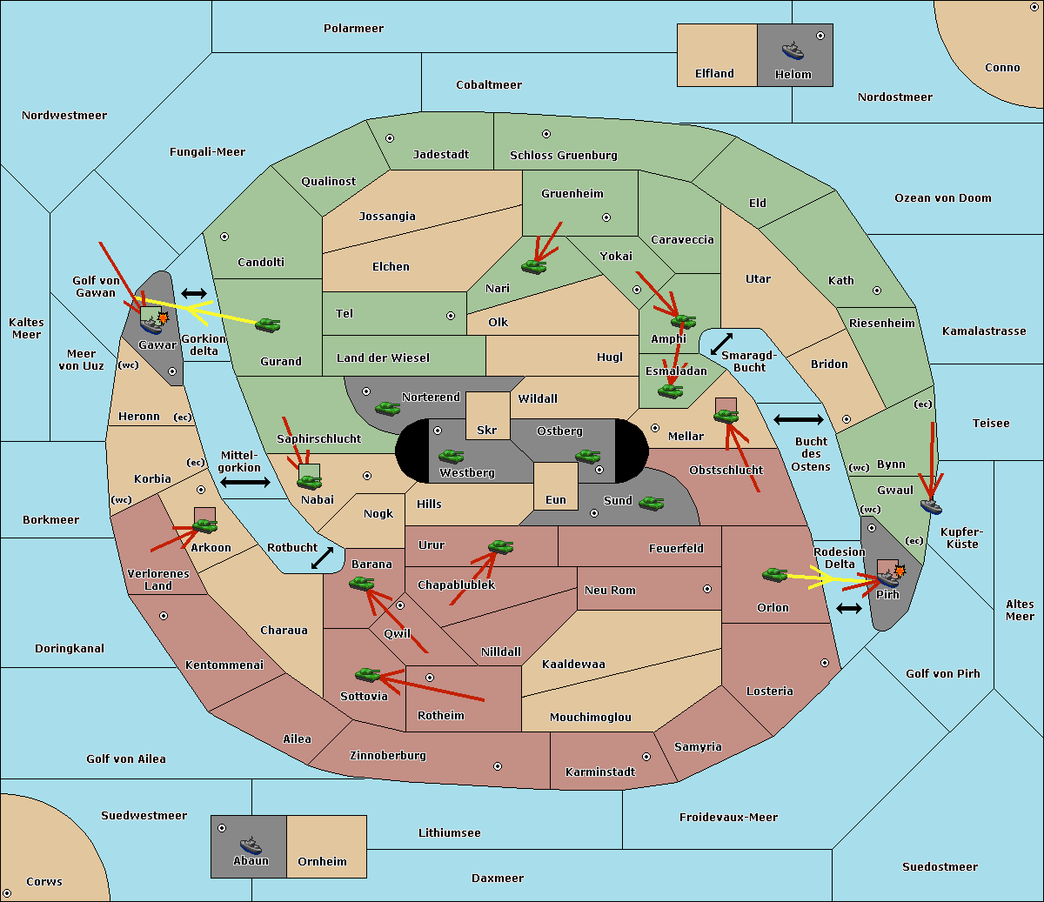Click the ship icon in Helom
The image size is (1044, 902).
pyautogui.click(x=793, y=50)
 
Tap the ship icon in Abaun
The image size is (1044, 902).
pyautogui.click(x=251, y=845)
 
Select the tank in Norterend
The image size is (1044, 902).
pyautogui.click(x=387, y=408)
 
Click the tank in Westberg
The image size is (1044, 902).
pyautogui.click(x=451, y=456)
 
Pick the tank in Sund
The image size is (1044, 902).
pyautogui.click(x=651, y=503)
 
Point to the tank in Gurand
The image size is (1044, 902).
pyautogui.click(x=267, y=324)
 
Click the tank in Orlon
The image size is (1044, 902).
pyautogui.click(x=774, y=575)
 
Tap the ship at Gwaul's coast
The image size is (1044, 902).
pyautogui.click(x=931, y=506)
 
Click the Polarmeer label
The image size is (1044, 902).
pyautogui.click(x=353, y=29)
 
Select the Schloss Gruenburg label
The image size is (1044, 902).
pyautogui.click(x=564, y=155)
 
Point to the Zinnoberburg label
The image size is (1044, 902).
pyautogui.click(x=388, y=755)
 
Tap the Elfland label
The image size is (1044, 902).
pyautogui.click(x=714, y=73)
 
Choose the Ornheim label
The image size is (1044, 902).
pyautogui.click(x=322, y=861)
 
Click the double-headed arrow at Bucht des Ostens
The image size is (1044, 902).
pyautogui.click(x=799, y=419)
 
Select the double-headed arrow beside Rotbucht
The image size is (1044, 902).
pyautogui.click(x=323, y=558)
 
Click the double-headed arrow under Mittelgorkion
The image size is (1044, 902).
pyautogui.click(x=245, y=482)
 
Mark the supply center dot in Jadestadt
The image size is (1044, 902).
pyautogui.click(x=390, y=138)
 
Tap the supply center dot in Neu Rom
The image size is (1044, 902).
pyautogui.click(x=707, y=589)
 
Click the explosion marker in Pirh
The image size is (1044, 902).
pyautogui.click(x=900, y=571)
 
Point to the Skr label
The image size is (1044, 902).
pyautogui.click(x=487, y=430)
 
